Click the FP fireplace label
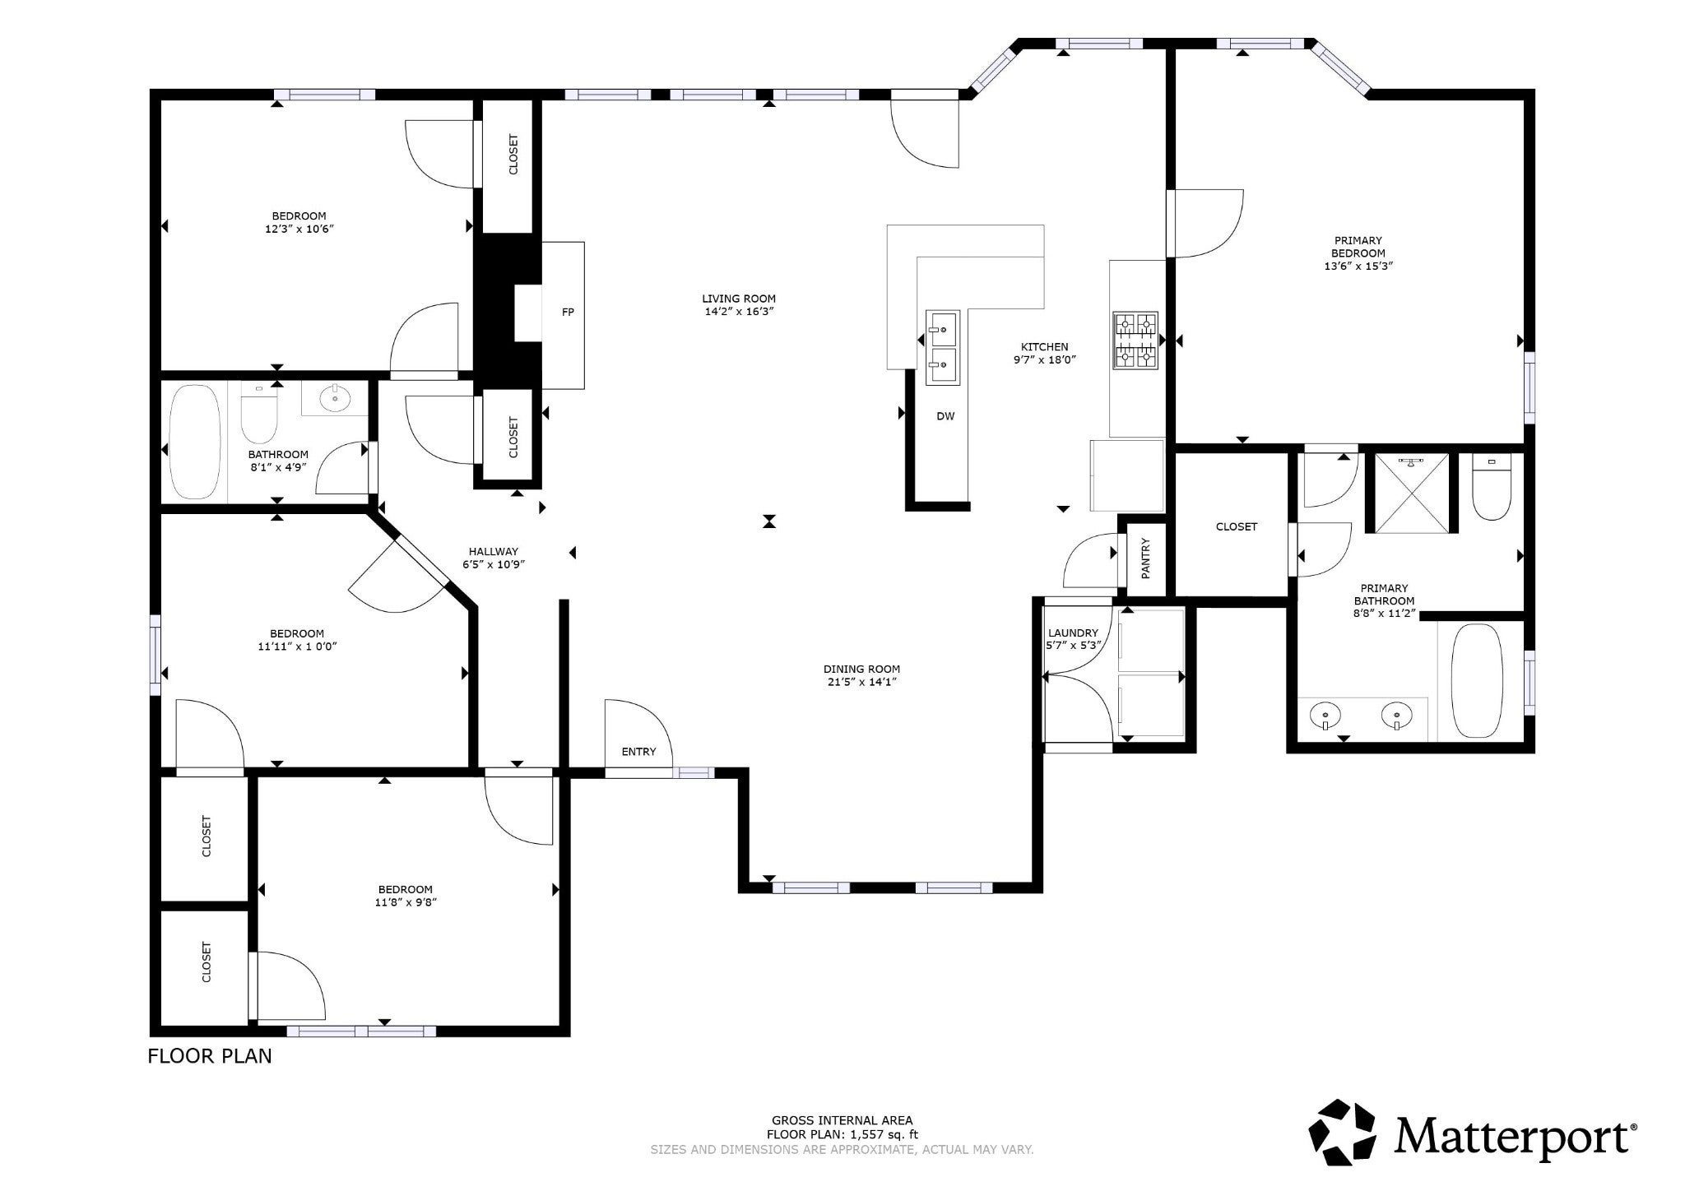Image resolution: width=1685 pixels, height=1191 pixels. click(568, 313)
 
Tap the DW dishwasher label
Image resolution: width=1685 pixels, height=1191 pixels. click(945, 416)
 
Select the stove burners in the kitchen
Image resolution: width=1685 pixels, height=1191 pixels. click(1135, 340)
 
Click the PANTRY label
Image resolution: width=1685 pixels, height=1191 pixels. click(1145, 558)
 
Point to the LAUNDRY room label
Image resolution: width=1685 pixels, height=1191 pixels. click(1073, 633)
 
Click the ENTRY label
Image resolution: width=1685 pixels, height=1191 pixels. click(639, 752)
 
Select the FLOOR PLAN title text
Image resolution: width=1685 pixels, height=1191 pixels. click(210, 1056)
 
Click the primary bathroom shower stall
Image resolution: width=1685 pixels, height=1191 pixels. click(1412, 493)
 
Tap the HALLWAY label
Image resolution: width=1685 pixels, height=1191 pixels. click(494, 552)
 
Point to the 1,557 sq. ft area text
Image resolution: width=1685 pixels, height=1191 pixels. click(879, 1135)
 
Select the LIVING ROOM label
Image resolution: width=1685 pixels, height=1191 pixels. click(739, 299)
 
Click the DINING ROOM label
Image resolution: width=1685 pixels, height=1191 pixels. click(861, 670)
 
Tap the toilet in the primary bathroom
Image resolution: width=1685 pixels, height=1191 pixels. click(1492, 488)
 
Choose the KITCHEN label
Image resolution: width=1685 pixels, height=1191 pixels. click(1045, 347)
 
